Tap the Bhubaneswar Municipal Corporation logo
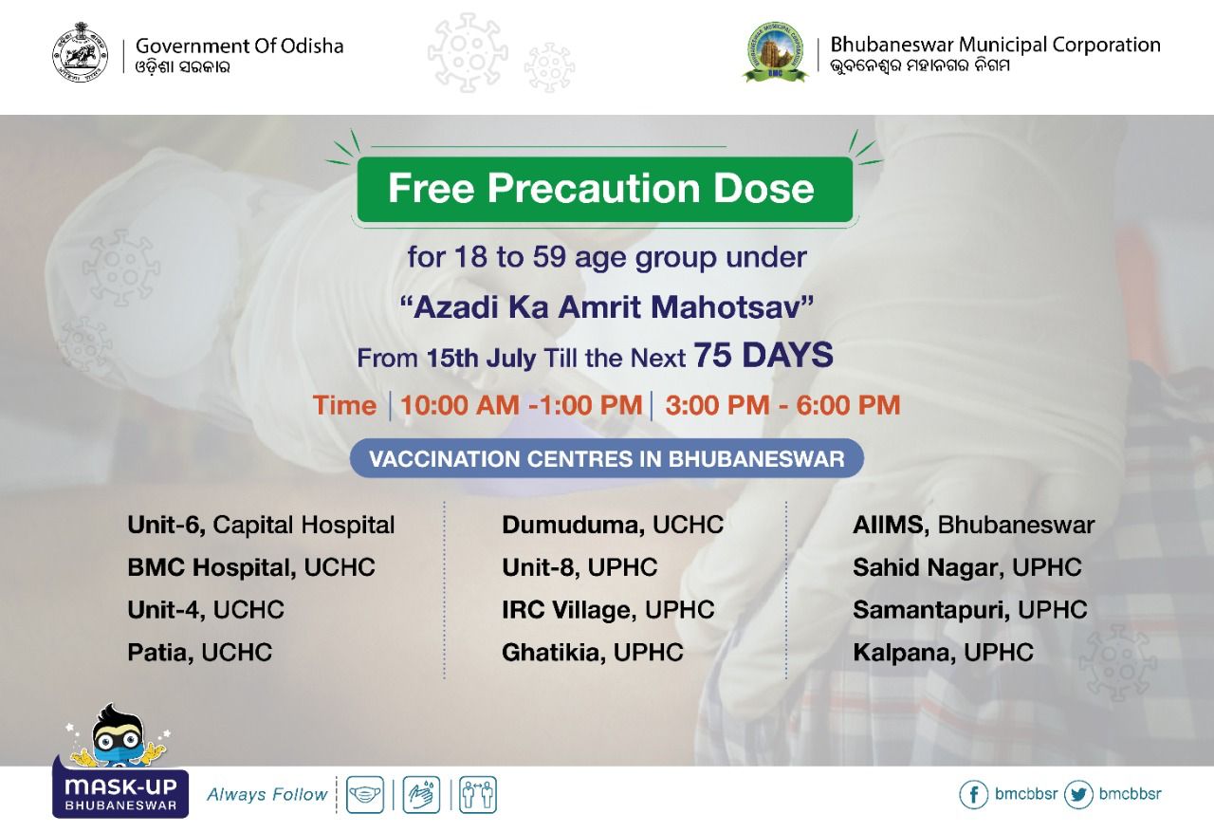coord(774,52)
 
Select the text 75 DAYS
coord(763,356)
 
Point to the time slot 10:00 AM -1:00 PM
coord(521,405)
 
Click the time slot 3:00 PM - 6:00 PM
coord(782,405)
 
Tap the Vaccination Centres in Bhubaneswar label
coord(606,459)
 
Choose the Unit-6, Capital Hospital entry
coord(261,525)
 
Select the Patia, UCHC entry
coord(199,652)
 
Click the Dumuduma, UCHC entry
coord(612,525)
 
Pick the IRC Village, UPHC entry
coord(608,609)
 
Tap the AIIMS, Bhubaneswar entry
coord(973,525)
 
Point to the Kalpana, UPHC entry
coord(943,652)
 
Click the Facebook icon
coord(973,794)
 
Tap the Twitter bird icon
coord(1078,794)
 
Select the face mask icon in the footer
coord(365,794)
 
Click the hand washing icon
coord(421,794)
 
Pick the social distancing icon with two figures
coord(477,794)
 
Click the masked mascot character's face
coord(117,740)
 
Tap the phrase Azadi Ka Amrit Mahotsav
coord(606,307)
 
